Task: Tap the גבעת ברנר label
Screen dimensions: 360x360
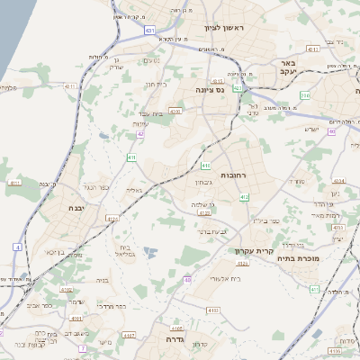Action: (x=215, y=231)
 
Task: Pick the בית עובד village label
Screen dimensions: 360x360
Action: (x=158, y=118)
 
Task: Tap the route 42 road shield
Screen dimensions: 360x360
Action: (x=141, y=135)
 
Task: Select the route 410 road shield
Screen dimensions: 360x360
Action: (x=206, y=166)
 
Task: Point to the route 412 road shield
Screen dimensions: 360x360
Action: (x=244, y=196)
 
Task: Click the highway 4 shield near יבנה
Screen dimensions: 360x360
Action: (x=18, y=246)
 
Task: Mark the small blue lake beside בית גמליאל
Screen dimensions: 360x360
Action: (x=149, y=252)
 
